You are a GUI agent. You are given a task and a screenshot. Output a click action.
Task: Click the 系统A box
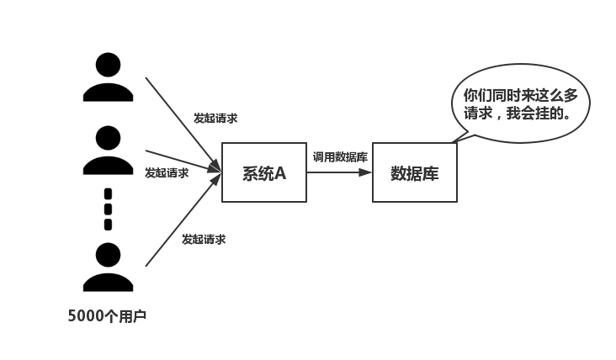coord(263,172)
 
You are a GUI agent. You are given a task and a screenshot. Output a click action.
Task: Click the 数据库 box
coord(414,172)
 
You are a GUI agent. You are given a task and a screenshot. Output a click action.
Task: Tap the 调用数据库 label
coord(339,156)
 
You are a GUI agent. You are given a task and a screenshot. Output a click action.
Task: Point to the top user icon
coord(108,77)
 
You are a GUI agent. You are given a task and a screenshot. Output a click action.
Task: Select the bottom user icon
coord(108,267)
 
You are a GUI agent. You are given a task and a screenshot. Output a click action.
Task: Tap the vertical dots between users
coord(108,209)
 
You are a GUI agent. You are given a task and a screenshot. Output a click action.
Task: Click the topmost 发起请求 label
coord(215,119)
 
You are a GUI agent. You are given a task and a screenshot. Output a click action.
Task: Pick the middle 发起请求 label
coord(167,173)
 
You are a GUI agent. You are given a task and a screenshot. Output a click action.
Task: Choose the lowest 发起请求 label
coord(204,240)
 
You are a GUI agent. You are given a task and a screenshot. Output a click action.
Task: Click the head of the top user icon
coord(108,64)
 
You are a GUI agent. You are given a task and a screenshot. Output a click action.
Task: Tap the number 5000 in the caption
coord(85,317)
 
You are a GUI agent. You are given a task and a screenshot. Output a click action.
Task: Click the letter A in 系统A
coord(280,172)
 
